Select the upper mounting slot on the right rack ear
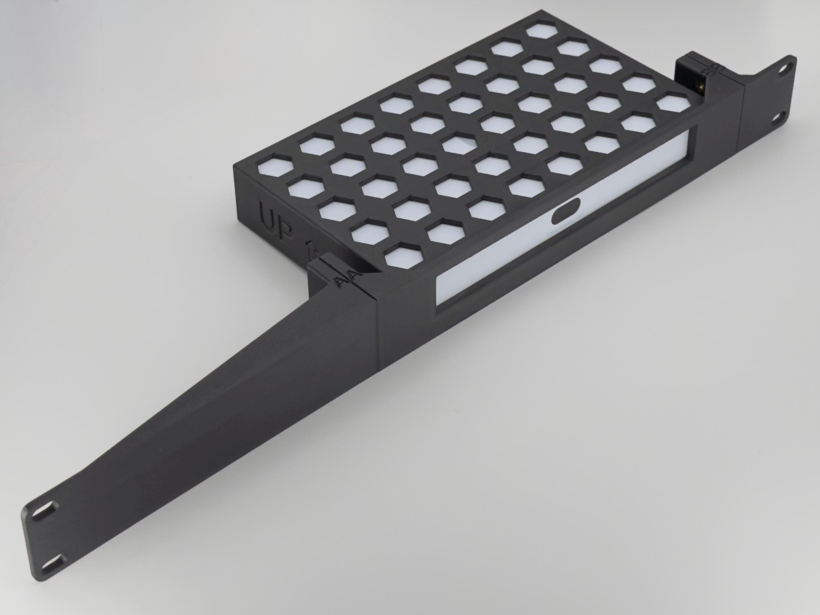coord(783,69)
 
